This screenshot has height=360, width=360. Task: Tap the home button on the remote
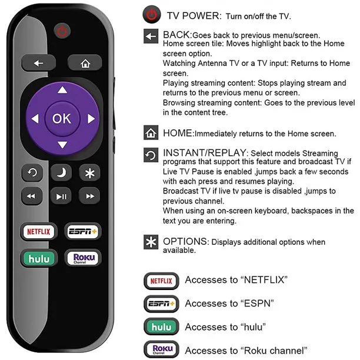coord(85,62)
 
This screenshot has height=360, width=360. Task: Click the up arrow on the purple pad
coord(62,91)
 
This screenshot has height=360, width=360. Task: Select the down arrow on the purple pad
coord(62,145)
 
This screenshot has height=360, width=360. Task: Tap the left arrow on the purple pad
coord(34,119)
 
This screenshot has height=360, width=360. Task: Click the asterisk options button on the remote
coord(89,174)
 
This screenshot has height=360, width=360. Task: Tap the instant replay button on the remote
coord(33,174)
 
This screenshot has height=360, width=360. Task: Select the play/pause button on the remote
coord(61,196)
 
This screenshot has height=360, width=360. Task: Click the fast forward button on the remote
coord(89,196)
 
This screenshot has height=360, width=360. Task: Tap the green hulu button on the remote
coord(38,258)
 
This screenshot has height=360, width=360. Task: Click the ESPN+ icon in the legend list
coord(159,304)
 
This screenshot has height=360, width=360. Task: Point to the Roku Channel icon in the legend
coord(159,349)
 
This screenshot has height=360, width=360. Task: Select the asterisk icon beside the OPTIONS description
coord(151,242)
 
